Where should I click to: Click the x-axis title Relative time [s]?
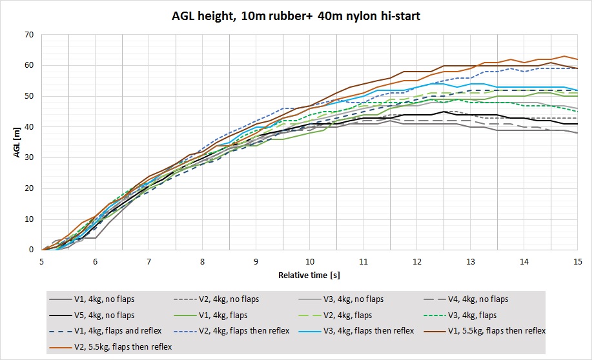(x=309, y=275)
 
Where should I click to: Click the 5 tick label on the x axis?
(x=42, y=261)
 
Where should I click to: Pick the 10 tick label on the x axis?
(x=310, y=261)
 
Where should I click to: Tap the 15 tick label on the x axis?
(x=578, y=261)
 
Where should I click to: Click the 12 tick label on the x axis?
(x=417, y=261)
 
